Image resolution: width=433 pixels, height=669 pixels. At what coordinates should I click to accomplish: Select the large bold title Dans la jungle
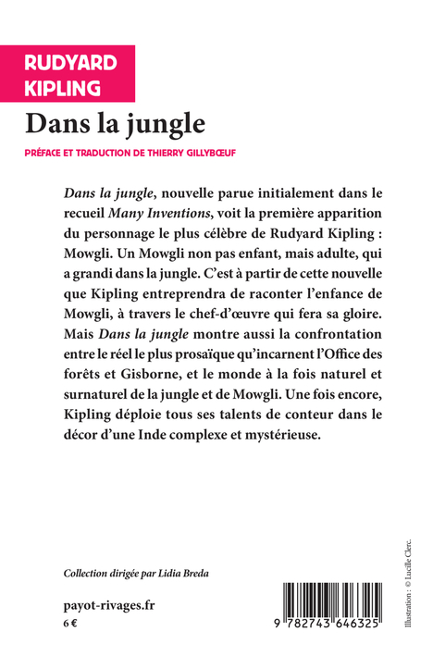point(115,122)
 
